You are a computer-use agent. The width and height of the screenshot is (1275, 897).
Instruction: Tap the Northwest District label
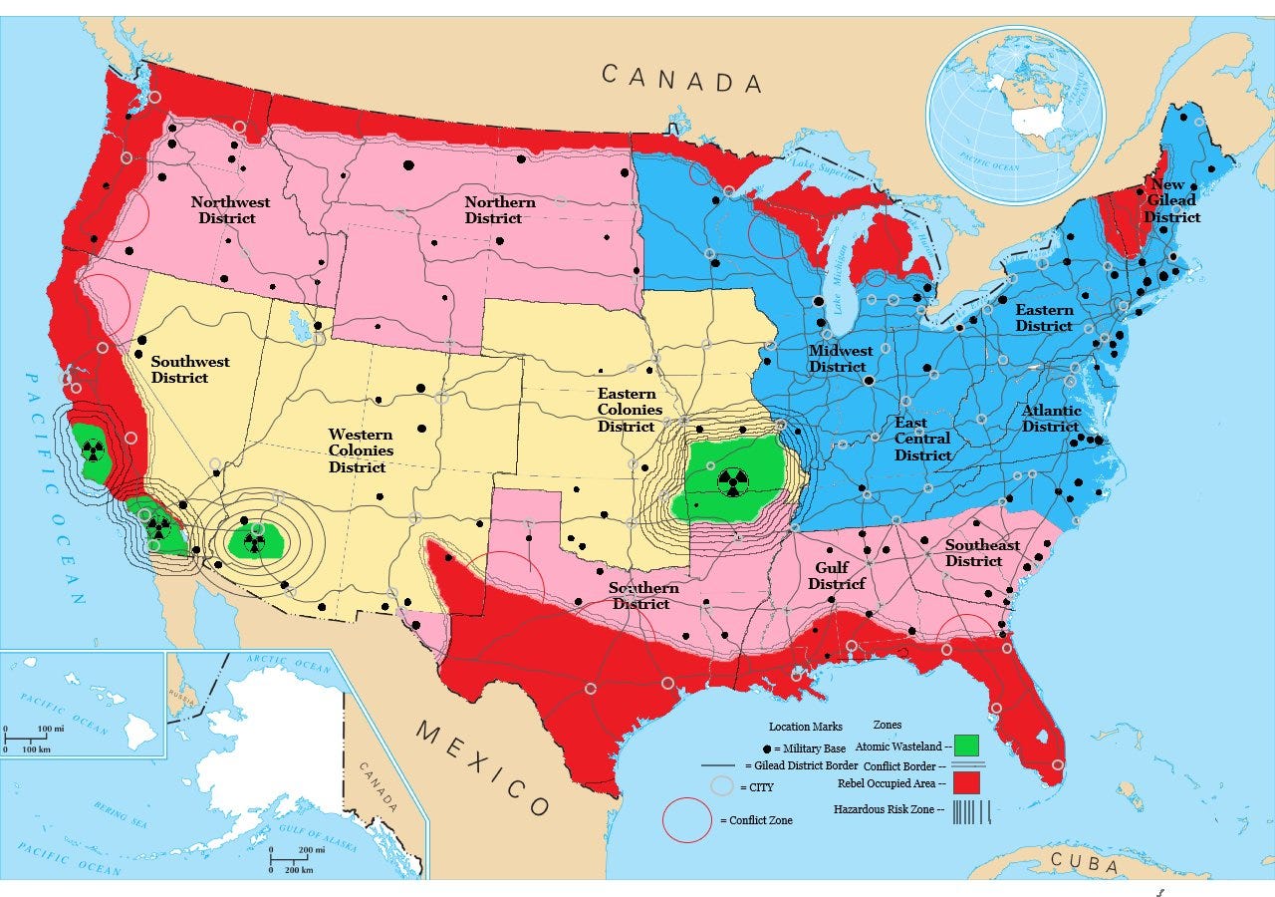pyautogui.click(x=231, y=210)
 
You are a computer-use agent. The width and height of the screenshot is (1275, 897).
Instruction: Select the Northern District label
pyautogui.click(x=500, y=210)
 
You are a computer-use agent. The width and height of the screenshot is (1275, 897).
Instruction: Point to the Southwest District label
pyautogui.click(x=190, y=370)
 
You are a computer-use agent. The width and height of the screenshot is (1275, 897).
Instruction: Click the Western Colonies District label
pyautogui.click(x=361, y=450)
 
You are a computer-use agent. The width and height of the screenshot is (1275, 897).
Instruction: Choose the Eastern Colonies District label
pyautogui.click(x=630, y=410)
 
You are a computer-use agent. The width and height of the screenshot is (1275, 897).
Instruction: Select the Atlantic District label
pyautogui.click(x=1051, y=419)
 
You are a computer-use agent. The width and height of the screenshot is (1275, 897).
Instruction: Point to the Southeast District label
pyautogui.click(x=981, y=553)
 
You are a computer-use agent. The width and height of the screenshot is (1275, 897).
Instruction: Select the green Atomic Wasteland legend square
pyautogui.click(x=965, y=746)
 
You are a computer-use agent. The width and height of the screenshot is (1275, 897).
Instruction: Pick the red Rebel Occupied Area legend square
pyautogui.click(x=965, y=783)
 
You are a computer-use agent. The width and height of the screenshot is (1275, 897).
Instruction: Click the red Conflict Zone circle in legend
pyautogui.click(x=687, y=820)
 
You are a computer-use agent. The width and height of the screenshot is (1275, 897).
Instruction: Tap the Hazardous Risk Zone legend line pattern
pyautogui.click(x=970, y=811)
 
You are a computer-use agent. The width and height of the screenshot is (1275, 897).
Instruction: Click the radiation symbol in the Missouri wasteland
pyautogui.click(x=733, y=481)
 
